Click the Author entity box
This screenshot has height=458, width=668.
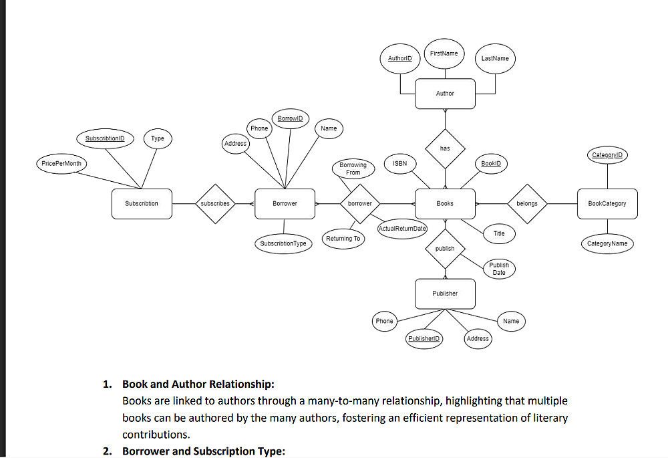[445, 94]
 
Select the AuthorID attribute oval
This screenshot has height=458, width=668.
[399, 59]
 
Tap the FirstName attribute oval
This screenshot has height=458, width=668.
[444, 53]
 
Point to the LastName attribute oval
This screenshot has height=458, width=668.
[495, 59]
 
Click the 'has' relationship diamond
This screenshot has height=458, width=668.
[445, 148]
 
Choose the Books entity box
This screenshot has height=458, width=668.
[445, 203]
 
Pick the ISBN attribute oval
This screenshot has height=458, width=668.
[399, 163]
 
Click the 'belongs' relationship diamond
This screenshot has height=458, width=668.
[527, 203]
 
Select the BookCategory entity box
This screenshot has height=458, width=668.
[607, 203]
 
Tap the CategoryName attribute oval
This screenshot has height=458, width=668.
[607, 243]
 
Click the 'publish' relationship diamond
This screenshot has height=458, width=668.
[445, 249]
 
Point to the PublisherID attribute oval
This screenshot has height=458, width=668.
[425, 339]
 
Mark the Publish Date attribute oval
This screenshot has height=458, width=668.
[499, 269]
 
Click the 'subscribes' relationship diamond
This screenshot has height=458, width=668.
[215, 203]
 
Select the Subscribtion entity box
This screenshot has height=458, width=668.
[142, 203]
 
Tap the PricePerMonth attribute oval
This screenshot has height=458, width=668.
[61, 163]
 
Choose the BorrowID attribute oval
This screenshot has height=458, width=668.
[290, 118]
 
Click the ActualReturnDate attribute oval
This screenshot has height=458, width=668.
[402, 229]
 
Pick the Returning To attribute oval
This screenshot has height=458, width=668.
[343, 239]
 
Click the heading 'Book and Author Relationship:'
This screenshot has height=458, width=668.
[198, 384]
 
